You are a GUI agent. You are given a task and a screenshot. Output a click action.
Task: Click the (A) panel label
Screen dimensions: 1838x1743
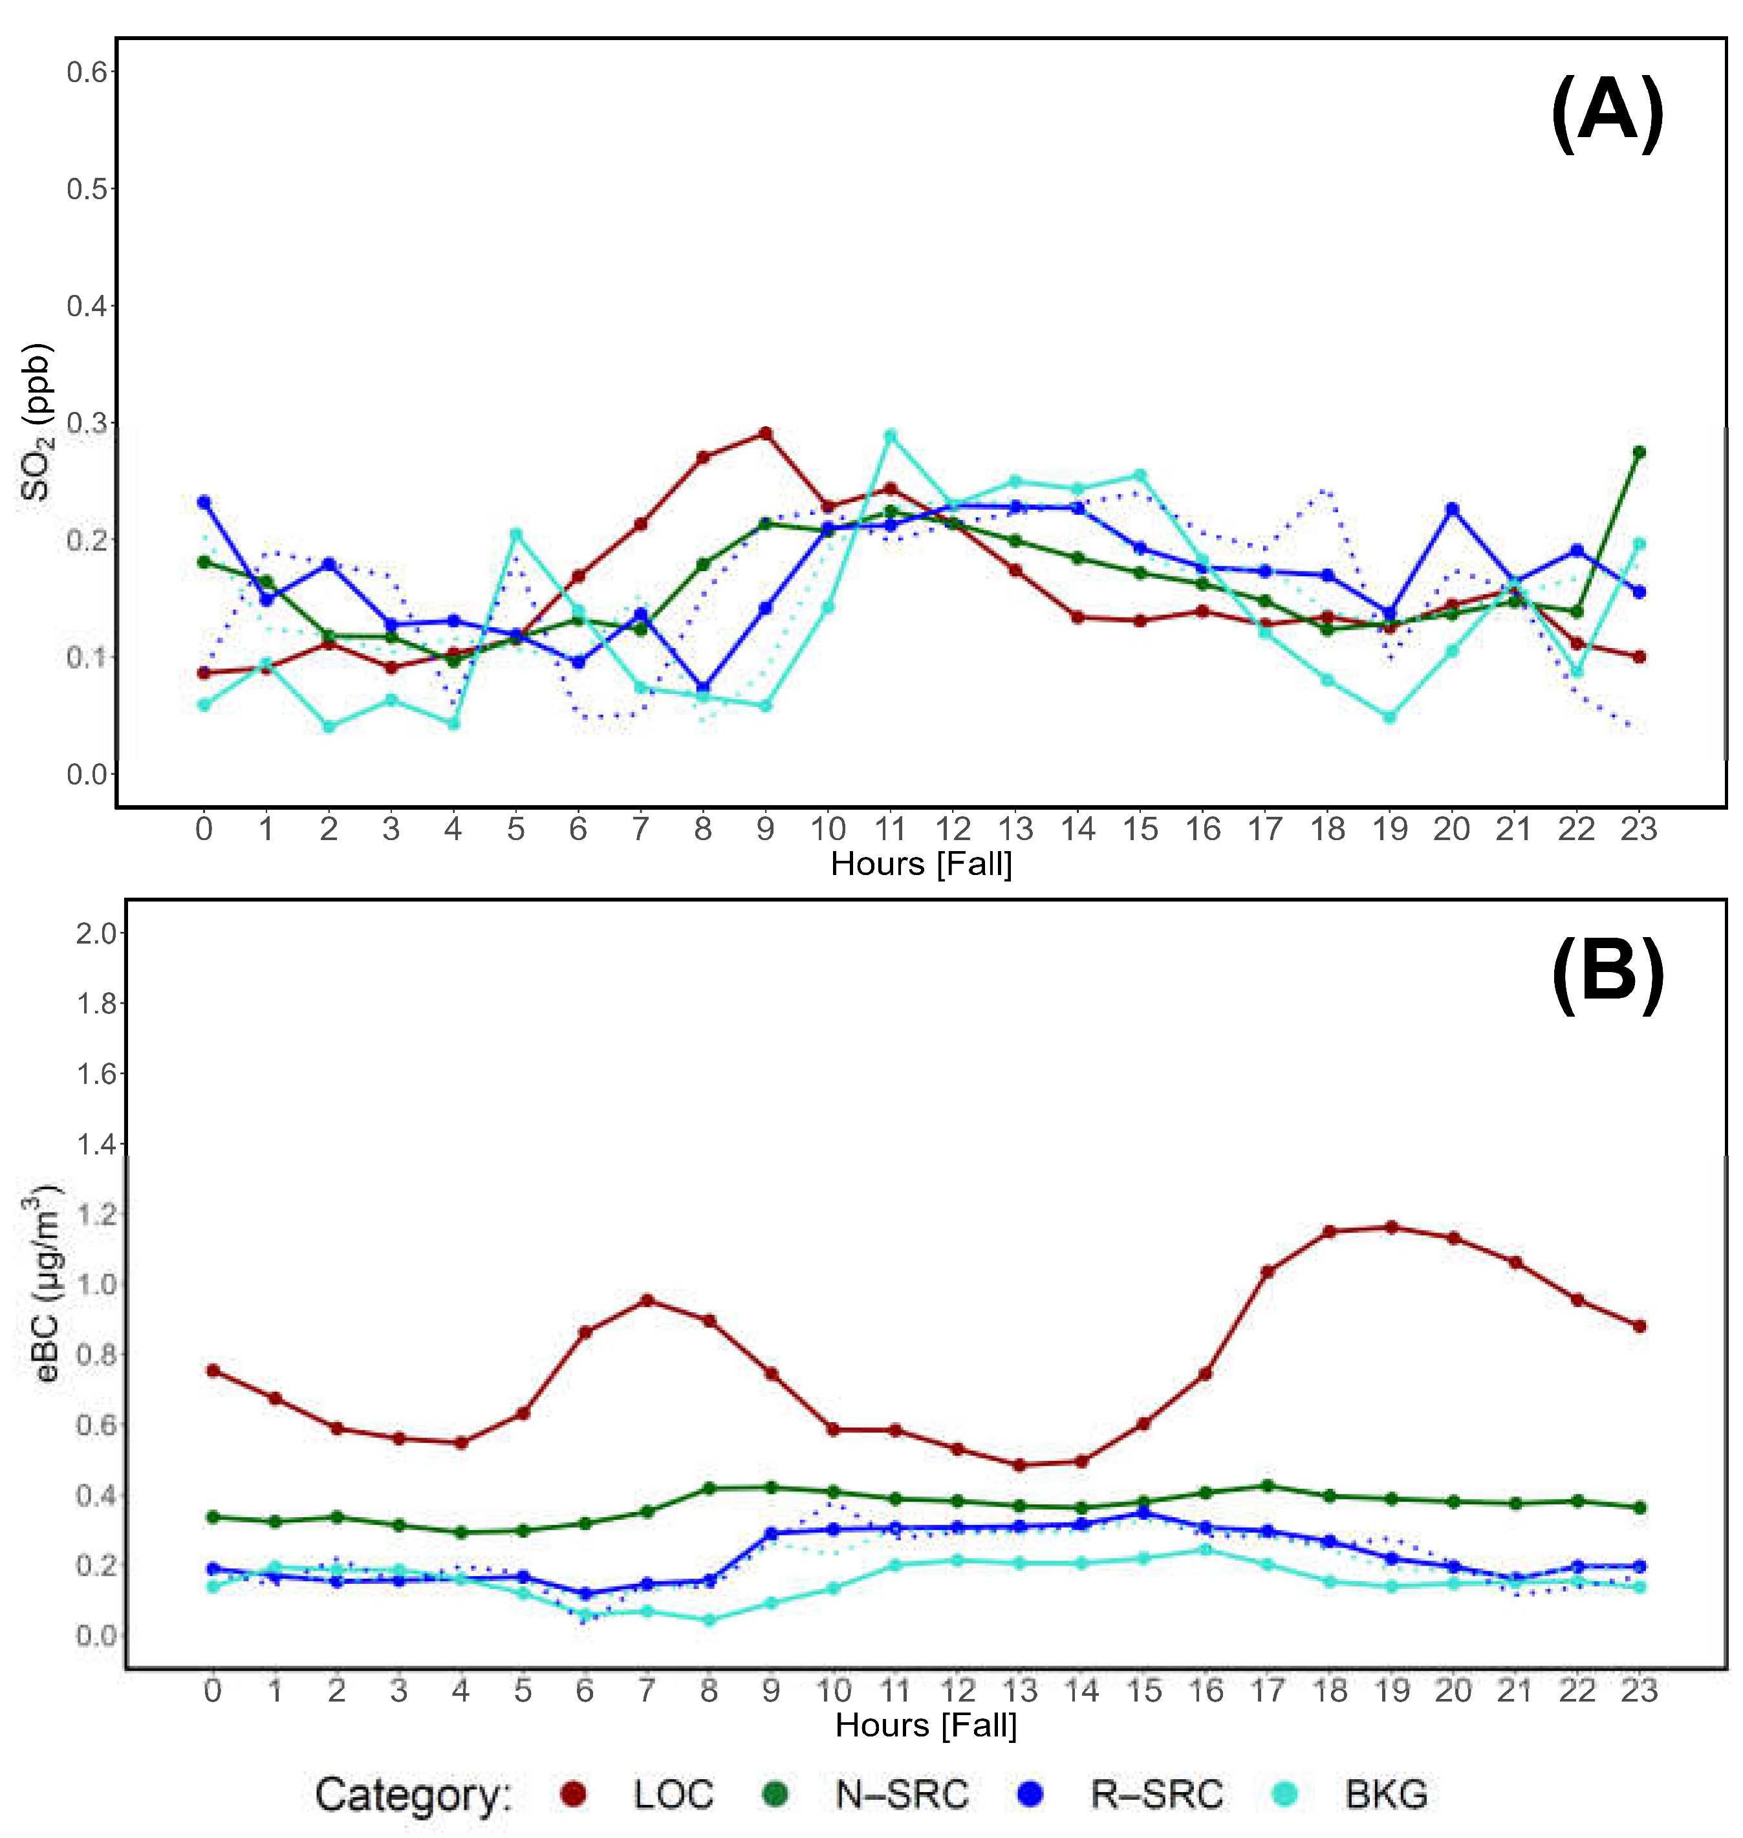coord(1607,114)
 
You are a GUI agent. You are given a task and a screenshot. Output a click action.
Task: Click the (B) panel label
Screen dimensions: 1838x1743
coord(1607,976)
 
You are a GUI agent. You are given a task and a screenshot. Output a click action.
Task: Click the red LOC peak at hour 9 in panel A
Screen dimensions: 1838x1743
coord(766,433)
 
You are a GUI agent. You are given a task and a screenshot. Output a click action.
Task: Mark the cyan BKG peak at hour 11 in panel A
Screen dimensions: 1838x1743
coord(890,435)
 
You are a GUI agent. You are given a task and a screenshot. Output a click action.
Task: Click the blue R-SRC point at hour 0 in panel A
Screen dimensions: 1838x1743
coord(204,503)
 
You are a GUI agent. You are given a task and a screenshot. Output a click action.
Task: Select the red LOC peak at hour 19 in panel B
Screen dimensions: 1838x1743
coord(1391,1227)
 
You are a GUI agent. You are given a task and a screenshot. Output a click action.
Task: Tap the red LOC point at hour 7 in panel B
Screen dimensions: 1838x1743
coord(647,1300)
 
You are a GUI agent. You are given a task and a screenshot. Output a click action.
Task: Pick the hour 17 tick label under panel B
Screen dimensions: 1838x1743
coord(1267,1691)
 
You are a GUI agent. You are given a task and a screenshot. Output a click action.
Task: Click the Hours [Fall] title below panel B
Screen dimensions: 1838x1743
coord(926,1725)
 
